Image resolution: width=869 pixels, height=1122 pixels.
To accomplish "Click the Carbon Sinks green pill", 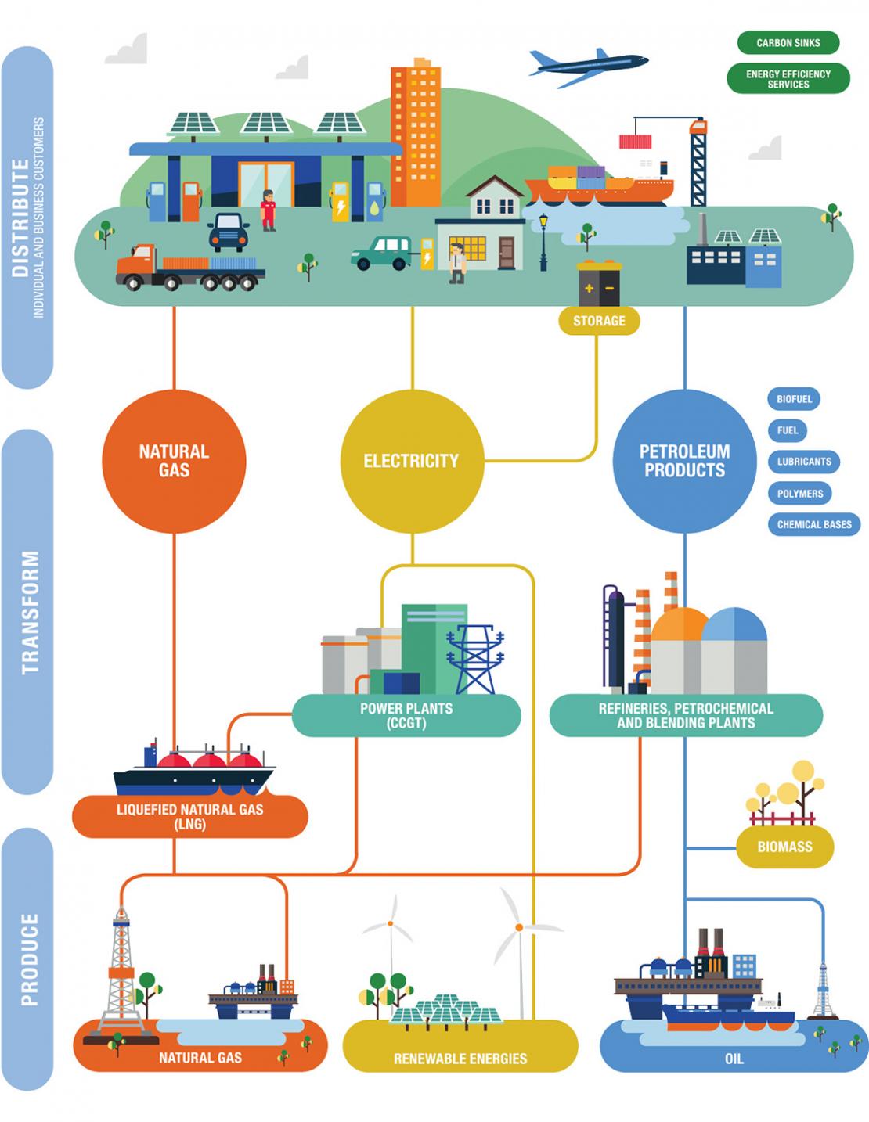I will [788, 43].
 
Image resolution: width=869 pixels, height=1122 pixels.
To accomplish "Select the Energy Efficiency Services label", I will [788, 78].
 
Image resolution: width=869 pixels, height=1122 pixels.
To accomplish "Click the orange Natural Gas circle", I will [174, 462].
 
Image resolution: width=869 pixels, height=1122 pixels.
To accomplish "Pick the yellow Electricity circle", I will [411, 462].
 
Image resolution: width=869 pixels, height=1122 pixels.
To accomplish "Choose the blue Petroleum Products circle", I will [684, 462].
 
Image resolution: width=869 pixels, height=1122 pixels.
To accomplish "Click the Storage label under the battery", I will [599, 321].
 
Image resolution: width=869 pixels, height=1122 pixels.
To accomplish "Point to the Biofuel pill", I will [794, 399].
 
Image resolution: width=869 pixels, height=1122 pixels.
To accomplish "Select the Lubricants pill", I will [804, 462].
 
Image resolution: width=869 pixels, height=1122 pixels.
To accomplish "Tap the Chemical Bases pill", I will [814, 524].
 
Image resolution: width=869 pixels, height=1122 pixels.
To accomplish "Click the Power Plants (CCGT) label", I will [406, 715].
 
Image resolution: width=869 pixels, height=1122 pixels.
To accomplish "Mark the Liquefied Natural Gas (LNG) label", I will [189, 816].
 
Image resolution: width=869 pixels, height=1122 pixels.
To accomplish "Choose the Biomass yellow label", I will [784, 847].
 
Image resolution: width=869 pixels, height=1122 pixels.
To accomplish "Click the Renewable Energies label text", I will [460, 1059].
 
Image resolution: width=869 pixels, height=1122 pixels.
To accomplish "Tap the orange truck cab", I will [137, 264].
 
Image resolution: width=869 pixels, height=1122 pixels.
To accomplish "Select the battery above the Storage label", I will [599, 286].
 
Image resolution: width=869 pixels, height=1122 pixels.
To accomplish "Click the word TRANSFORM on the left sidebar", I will [30, 613].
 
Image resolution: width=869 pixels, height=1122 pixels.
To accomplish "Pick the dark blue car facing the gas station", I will [228, 232].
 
